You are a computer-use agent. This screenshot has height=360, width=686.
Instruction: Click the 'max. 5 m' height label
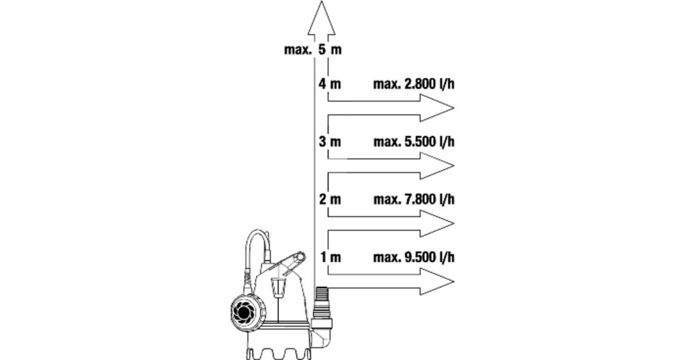tap(313, 50)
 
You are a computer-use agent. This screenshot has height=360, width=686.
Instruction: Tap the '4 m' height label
tap(329, 84)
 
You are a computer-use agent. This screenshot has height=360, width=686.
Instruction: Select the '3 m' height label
tap(330, 142)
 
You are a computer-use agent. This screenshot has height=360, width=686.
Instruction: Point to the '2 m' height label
tap(330, 199)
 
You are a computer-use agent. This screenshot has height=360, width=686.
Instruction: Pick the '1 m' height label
tap(331, 257)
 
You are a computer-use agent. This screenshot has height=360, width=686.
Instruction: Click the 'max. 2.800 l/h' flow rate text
tap(414, 84)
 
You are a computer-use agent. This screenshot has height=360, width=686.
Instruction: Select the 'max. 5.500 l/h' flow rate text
tap(414, 142)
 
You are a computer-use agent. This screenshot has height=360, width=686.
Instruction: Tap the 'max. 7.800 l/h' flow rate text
tap(414, 199)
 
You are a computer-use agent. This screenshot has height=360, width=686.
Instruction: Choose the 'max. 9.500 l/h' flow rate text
tap(414, 257)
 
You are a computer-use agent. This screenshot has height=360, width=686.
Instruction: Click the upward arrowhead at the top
tap(321, 18)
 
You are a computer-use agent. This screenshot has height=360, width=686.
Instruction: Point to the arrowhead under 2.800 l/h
tap(437, 108)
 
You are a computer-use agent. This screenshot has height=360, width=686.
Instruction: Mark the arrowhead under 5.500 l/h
tap(437, 166)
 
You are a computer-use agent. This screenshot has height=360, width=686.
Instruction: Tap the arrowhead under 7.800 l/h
tap(437, 223)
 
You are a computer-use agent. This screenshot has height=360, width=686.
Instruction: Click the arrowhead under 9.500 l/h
tap(437, 282)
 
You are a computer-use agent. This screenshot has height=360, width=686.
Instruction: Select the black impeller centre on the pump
tap(244, 312)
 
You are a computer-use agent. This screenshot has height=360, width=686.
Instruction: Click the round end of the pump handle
tap(301, 257)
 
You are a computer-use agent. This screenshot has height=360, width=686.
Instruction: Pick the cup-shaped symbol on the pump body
tap(278, 287)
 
